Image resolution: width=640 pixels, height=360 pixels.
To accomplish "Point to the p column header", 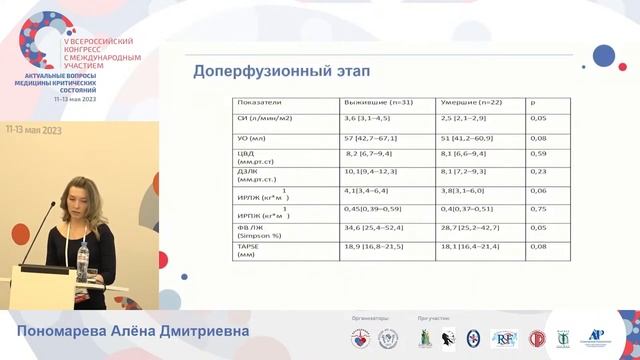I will click(x=532, y=102).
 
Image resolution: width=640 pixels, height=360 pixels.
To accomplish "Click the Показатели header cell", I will click(x=259, y=102).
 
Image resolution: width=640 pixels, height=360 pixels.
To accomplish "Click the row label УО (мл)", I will click(x=249, y=138).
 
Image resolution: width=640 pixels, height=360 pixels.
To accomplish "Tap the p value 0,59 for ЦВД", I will click(x=537, y=154).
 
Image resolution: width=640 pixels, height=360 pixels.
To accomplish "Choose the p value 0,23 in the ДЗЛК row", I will click(x=537, y=172).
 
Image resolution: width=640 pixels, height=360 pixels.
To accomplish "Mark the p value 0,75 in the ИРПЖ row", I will click(x=537, y=209).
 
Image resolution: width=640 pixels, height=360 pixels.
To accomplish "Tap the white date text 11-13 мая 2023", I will click(x=35, y=129).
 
